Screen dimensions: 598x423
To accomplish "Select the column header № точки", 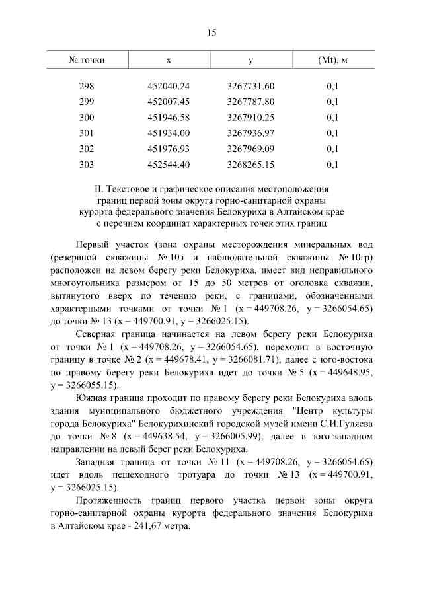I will [87, 61].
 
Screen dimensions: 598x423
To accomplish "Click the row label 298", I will [87, 87].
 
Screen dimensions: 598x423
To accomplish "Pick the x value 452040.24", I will [169, 87].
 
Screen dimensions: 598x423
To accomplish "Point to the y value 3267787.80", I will [250, 102].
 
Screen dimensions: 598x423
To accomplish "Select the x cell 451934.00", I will [169, 133].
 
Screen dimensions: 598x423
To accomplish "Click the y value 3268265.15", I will [250, 164].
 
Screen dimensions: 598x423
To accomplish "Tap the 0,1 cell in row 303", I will [332, 164].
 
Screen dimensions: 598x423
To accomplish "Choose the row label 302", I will [87, 149].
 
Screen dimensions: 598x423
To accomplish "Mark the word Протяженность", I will [109, 500].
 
